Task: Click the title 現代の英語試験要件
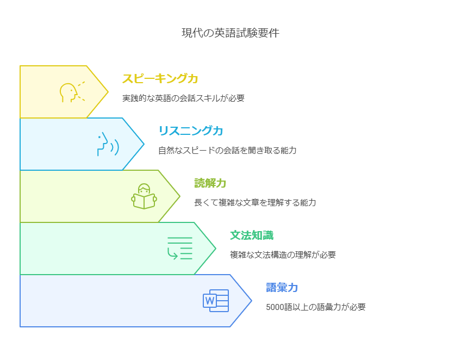click(230, 33)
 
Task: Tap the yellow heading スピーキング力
click(160, 79)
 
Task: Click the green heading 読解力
click(210, 183)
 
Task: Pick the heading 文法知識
click(251, 235)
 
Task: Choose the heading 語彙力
click(282, 288)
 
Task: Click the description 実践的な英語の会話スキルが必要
click(183, 98)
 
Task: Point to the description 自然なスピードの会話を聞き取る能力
click(227, 151)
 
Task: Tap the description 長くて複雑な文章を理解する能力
click(255, 203)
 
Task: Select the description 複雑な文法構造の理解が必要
click(283, 255)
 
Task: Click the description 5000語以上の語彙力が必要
click(315, 307)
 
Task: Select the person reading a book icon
click(144, 196)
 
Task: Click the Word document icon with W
click(216, 301)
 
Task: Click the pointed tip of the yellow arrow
click(108, 92)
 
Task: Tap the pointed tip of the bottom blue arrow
click(251, 301)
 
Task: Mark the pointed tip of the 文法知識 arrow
click(215, 249)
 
